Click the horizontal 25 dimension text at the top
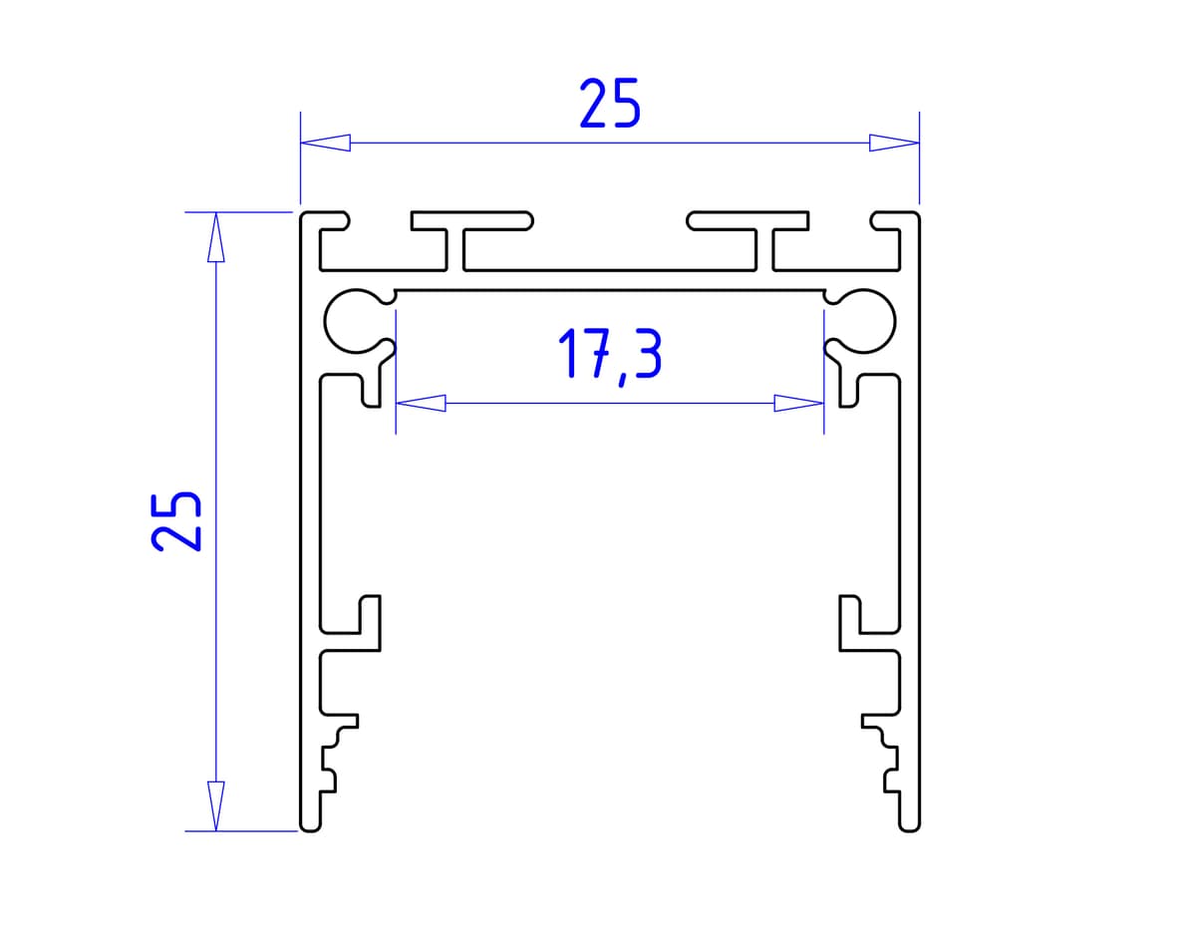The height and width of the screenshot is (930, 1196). point(609,105)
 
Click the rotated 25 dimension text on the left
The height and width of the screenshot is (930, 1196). point(176,520)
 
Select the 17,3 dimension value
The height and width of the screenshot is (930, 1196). point(610,356)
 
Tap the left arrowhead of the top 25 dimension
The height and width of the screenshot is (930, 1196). point(326,143)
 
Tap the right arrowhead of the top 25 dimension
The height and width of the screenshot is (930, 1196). point(893,143)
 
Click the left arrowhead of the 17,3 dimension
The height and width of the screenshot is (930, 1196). point(421,404)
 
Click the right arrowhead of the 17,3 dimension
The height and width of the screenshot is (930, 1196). point(798,404)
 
